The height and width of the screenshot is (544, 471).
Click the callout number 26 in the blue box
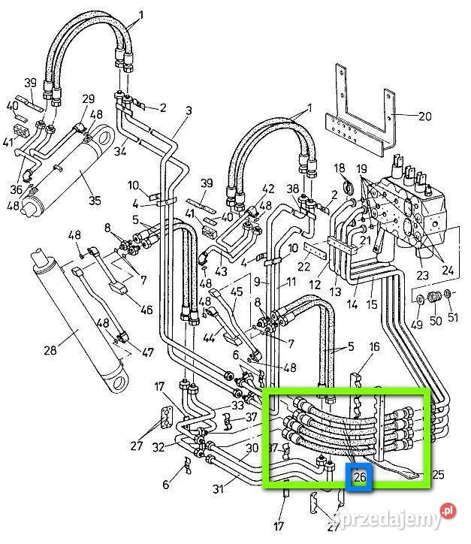(x=360, y=476)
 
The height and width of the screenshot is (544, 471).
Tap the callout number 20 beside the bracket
(x=424, y=116)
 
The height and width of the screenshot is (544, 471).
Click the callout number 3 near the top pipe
(x=189, y=110)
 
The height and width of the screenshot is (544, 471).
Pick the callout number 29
(x=89, y=99)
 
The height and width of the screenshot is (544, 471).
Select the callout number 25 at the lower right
(x=439, y=474)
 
